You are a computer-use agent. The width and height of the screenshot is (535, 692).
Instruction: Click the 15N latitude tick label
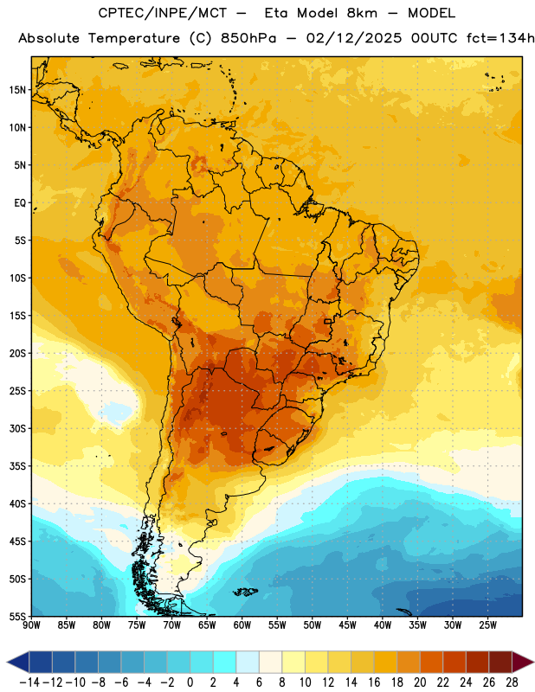17,90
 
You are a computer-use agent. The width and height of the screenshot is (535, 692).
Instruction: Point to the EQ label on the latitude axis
20,203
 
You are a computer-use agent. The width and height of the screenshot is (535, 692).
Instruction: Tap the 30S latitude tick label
17,428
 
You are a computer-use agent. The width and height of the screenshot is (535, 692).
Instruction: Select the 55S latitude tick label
17,616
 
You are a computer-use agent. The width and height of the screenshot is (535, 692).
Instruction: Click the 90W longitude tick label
31,625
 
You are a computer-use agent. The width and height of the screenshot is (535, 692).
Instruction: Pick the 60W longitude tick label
242,625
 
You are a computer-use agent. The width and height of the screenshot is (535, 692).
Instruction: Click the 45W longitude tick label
347,625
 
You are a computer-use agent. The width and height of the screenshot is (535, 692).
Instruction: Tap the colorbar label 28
512,682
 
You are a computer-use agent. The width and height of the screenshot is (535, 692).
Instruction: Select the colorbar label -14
29,682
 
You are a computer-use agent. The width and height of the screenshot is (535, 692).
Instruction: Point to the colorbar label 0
190,682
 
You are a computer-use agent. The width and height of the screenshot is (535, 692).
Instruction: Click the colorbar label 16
374,682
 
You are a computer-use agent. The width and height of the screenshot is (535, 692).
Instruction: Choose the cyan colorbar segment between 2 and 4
224,662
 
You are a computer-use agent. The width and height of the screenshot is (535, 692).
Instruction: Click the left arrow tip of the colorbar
7,662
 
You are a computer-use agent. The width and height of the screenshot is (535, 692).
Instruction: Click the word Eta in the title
275,13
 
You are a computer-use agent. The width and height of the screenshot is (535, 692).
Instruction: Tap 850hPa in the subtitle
248,38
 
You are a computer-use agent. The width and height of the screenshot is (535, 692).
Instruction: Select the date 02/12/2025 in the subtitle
353,38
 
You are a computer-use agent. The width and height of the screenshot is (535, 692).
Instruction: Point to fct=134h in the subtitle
500,38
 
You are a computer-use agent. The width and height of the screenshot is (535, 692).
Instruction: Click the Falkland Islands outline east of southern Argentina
245,592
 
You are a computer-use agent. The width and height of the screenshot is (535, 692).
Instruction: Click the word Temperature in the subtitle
133,38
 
